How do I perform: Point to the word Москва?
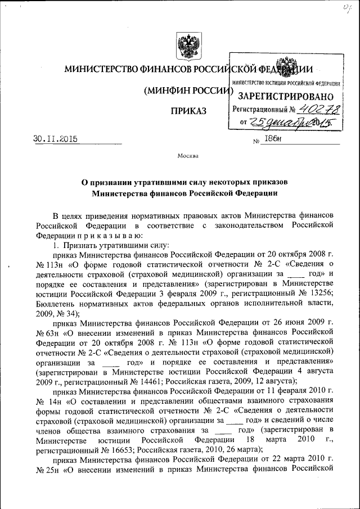pyautogui.click(x=188, y=156)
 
